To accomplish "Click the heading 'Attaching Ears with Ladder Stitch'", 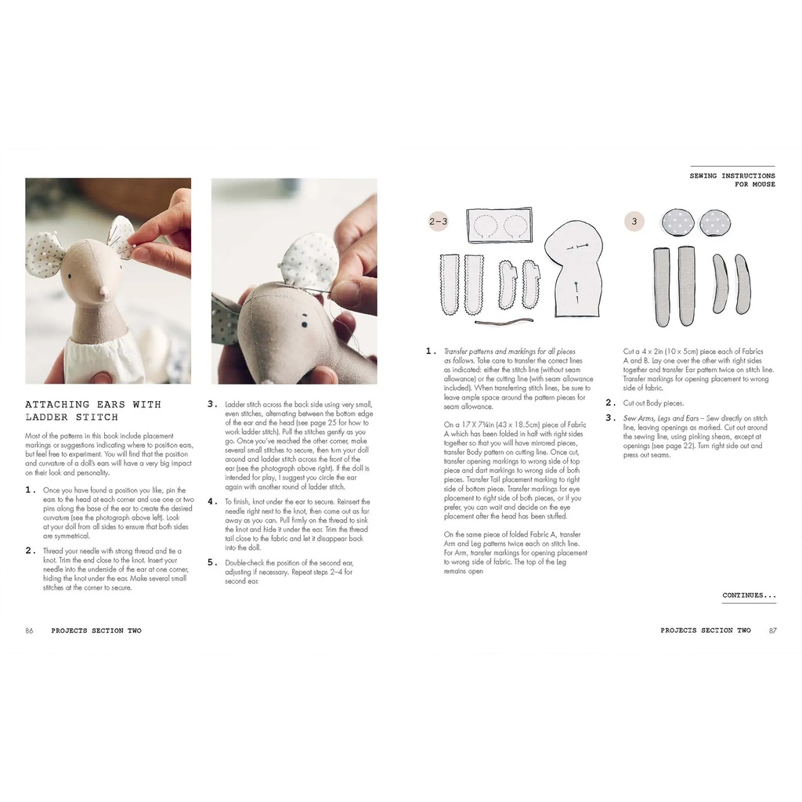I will [x=92, y=410].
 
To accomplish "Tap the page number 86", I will [x=29, y=630].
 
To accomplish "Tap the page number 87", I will [x=772, y=630].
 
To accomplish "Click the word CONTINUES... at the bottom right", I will [x=749, y=595].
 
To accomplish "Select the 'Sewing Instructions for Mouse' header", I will [x=732, y=180].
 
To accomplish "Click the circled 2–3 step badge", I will [x=439, y=222].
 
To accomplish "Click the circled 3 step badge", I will [x=634, y=222].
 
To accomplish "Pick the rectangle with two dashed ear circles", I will [x=499, y=226].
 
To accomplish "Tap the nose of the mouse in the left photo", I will [x=103, y=291].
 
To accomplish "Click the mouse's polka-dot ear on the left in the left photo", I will [x=45, y=255].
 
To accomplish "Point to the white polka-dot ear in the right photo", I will [x=309, y=262].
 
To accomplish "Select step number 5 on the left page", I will [x=211, y=562].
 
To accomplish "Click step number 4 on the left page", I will [x=211, y=501].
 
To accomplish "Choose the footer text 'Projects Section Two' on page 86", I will [x=96, y=630].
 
